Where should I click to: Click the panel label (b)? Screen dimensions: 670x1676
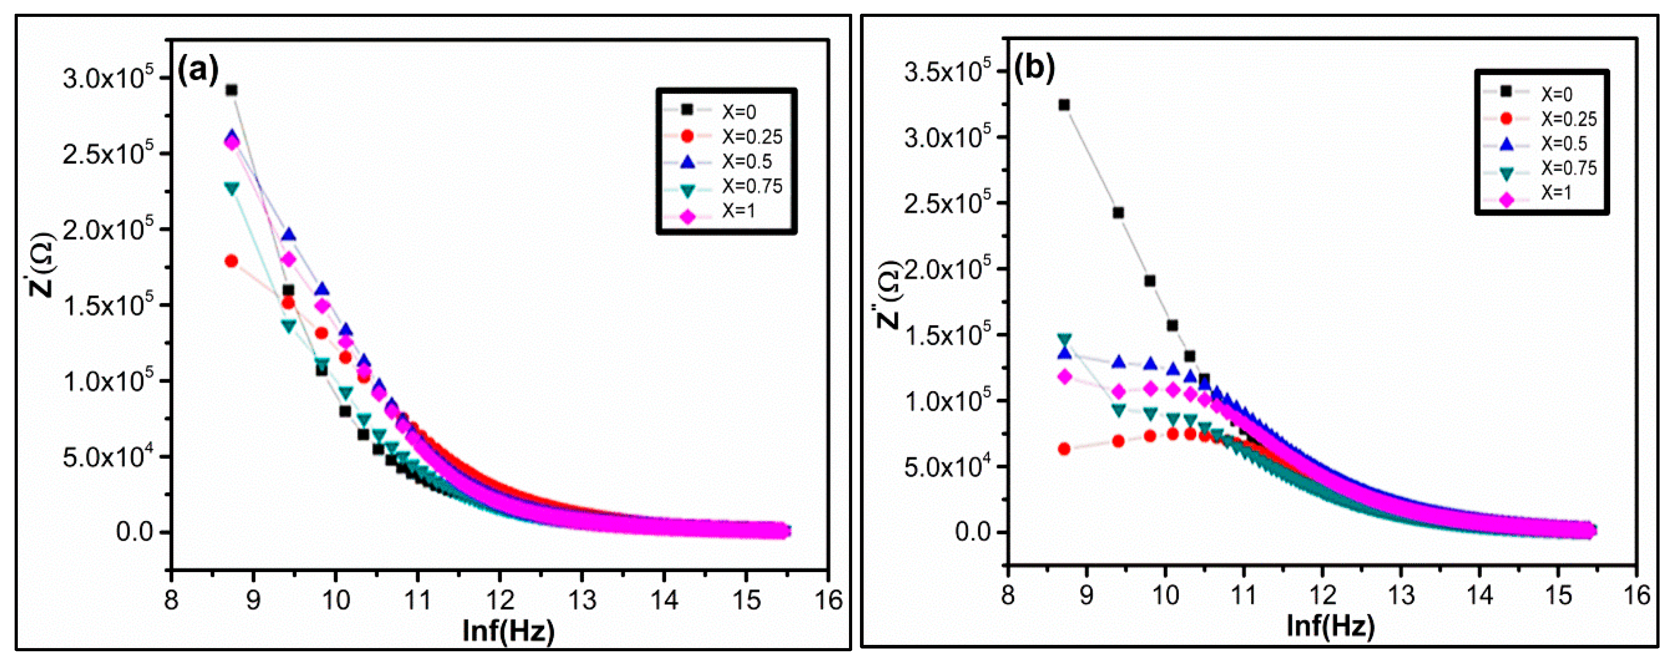click(1034, 67)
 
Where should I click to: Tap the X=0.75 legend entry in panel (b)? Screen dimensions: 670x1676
click(1568, 169)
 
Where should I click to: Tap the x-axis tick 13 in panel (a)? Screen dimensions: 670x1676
click(582, 600)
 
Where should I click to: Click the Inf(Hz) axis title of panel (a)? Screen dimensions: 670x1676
click(508, 630)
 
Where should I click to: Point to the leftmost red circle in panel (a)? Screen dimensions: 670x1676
click(231, 261)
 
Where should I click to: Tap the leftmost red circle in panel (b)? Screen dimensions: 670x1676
click(1065, 449)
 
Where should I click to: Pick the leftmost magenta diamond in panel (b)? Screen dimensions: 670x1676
click(1065, 377)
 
